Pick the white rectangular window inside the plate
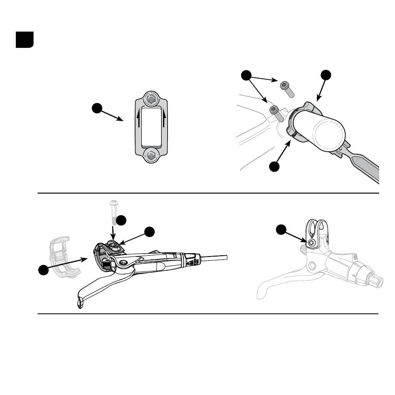pyautogui.click(x=151, y=126)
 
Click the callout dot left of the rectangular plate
pyautogui.click(x=97, y=109)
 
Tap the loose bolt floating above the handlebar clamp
pyautogui.click(x=286, y=88)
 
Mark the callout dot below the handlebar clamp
pyautogui.click(x=274, y=167)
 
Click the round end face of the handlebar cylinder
pyautogui.click(x=330, y=135)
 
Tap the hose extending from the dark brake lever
pyautogui.click(x=214, y=258)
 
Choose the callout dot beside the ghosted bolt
pyautogui.click(x=121, y=220)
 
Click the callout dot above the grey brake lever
pyautogui.click(x=282, y=230)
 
